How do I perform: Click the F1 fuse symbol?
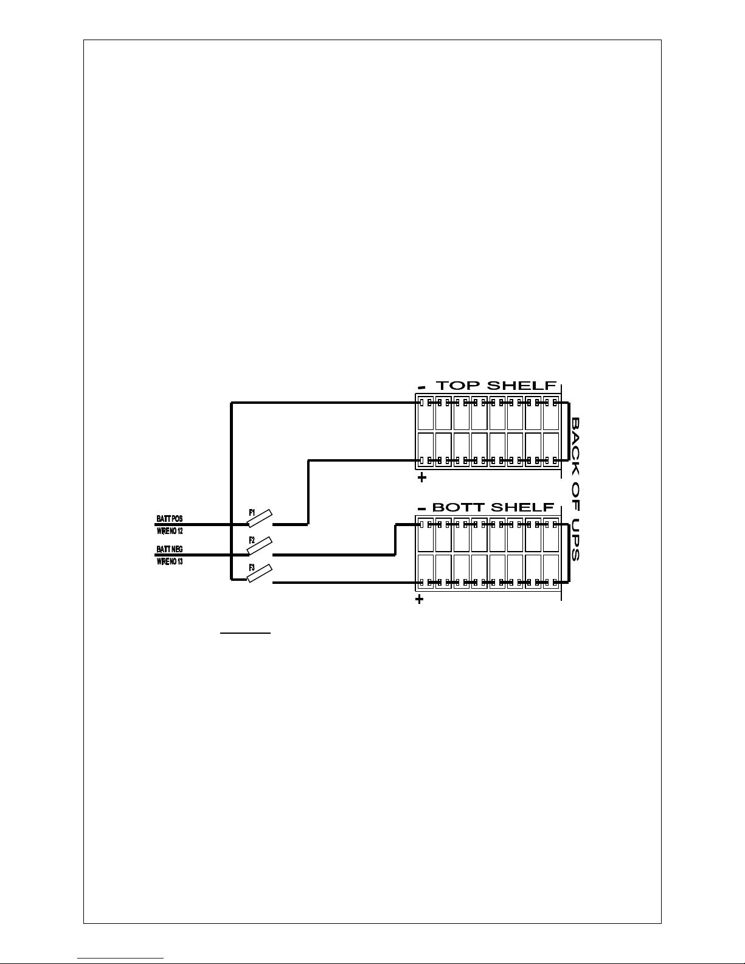260,518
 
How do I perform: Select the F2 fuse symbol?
260,546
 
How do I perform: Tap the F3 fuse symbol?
260,574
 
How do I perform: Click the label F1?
252,511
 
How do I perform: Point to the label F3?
252,567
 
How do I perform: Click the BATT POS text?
169,519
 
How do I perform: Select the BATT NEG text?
169,549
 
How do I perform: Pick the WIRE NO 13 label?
170,561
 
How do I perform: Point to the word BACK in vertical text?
575,439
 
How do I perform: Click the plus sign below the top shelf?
421,478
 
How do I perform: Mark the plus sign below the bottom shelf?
419,600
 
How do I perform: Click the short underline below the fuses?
244,633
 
